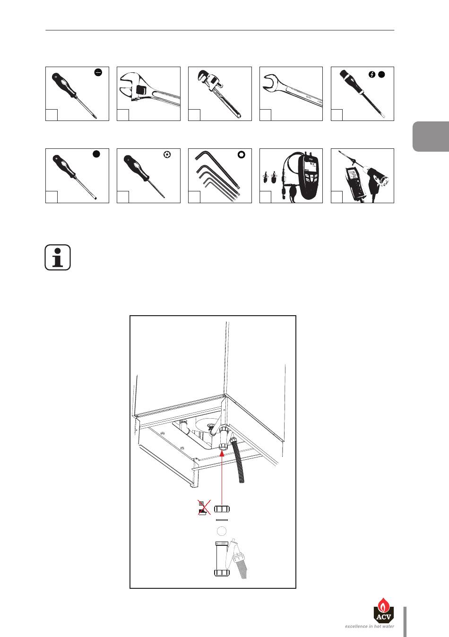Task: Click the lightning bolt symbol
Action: click(372, 74)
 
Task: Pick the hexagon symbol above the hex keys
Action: click(242, 155)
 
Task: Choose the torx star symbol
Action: click(166, 155)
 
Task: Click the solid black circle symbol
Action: click(96, 154)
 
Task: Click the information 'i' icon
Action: click(58, 258)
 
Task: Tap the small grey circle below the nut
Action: click(221, 531)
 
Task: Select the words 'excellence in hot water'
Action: click(369, 627)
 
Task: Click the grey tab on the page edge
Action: click(431, 137)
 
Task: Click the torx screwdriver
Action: click(144, 175)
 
